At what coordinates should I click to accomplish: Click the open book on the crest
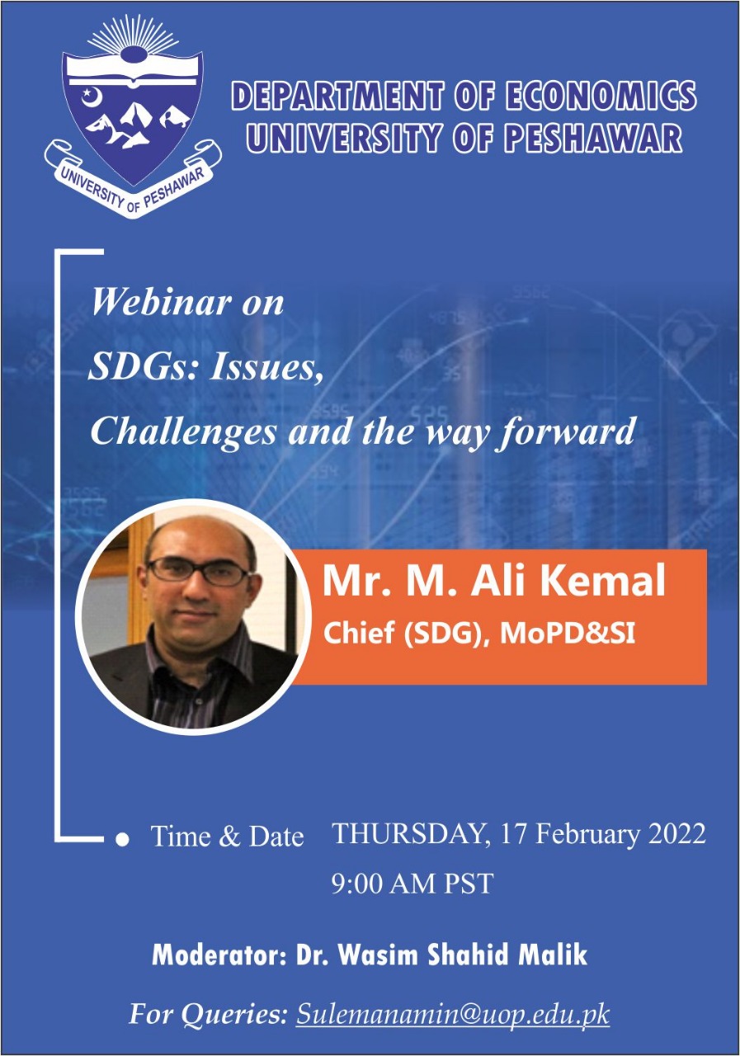click(133, 70)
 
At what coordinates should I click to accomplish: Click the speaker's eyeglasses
click(199, 571)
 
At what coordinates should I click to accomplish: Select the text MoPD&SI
click(568, 634)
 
